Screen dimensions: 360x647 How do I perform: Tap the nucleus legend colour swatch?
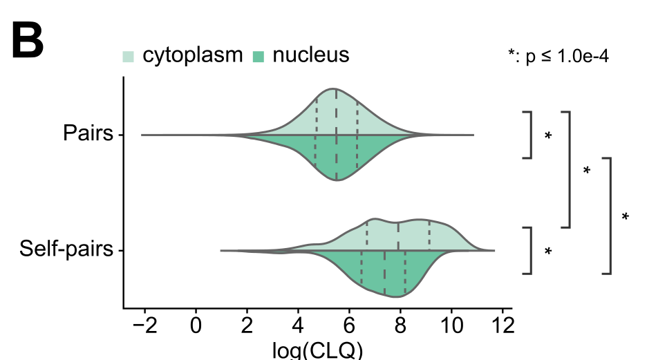pyautogui.click(x=259, y=56)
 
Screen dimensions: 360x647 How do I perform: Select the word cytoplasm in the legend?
pyautogui.click(x=193, y=55)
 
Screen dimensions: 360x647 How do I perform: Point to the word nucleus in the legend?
pyautogui.click(x=310, y=55)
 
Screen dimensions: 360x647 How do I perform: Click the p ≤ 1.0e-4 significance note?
pyautogui.click(x=558, y=57)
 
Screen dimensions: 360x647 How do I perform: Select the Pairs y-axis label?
pyautogui.click(x=88, y=133)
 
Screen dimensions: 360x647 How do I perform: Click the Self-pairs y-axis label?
pyautogui.click(x=66, y=249)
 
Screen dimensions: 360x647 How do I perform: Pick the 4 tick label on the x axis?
pyautogui.click(x=298, y=324)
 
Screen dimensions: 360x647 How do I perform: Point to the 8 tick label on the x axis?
pyautogui.click(x=400, y=324)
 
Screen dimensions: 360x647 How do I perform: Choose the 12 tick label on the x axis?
pyautogui.click(x=503, y=324)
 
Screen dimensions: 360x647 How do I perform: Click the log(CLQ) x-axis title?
pyautogui.click(x=318, y=350)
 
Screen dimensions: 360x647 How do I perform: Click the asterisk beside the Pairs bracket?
pyautogui.click(x=548, y=136)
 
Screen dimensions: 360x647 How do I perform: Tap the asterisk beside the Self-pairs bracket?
pyautogui.click(x=548, y=252)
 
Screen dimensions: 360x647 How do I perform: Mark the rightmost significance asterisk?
pyautogui.click(x=626, y=217)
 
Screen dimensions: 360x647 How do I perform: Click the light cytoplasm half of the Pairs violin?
pyautogui.click(x=337, y=114)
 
